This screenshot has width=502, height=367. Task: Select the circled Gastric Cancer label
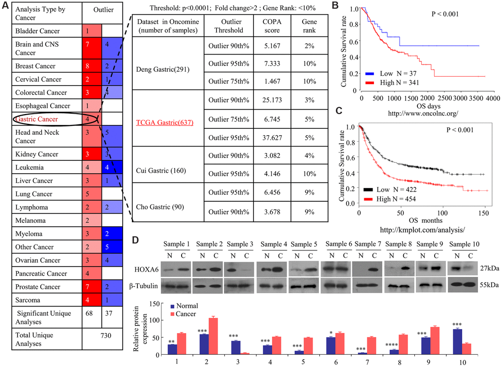(37, 119)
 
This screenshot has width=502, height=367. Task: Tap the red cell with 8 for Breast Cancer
(92, 66)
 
